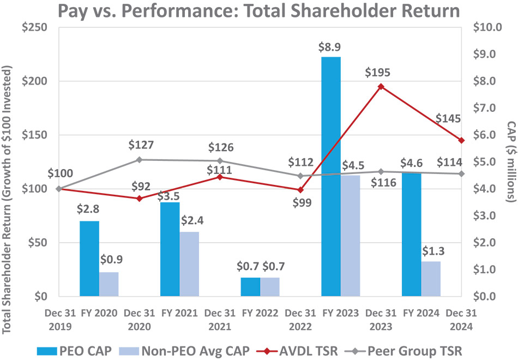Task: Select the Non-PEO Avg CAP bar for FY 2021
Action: pyautogui.click(x=190, y=264)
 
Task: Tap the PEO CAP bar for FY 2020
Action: pyautogui.click(x=89, y=259)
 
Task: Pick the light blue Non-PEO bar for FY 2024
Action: pyautogui.click(x=431, y=279)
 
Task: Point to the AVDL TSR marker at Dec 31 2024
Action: pyautogui.click(x=461, y=140)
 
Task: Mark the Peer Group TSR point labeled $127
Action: pyautogui.click(x=139, y=160)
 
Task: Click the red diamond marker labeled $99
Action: pyautogui.click(x=300, y=190)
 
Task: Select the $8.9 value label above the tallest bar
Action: pyautogui.click(x=330, y=47)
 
